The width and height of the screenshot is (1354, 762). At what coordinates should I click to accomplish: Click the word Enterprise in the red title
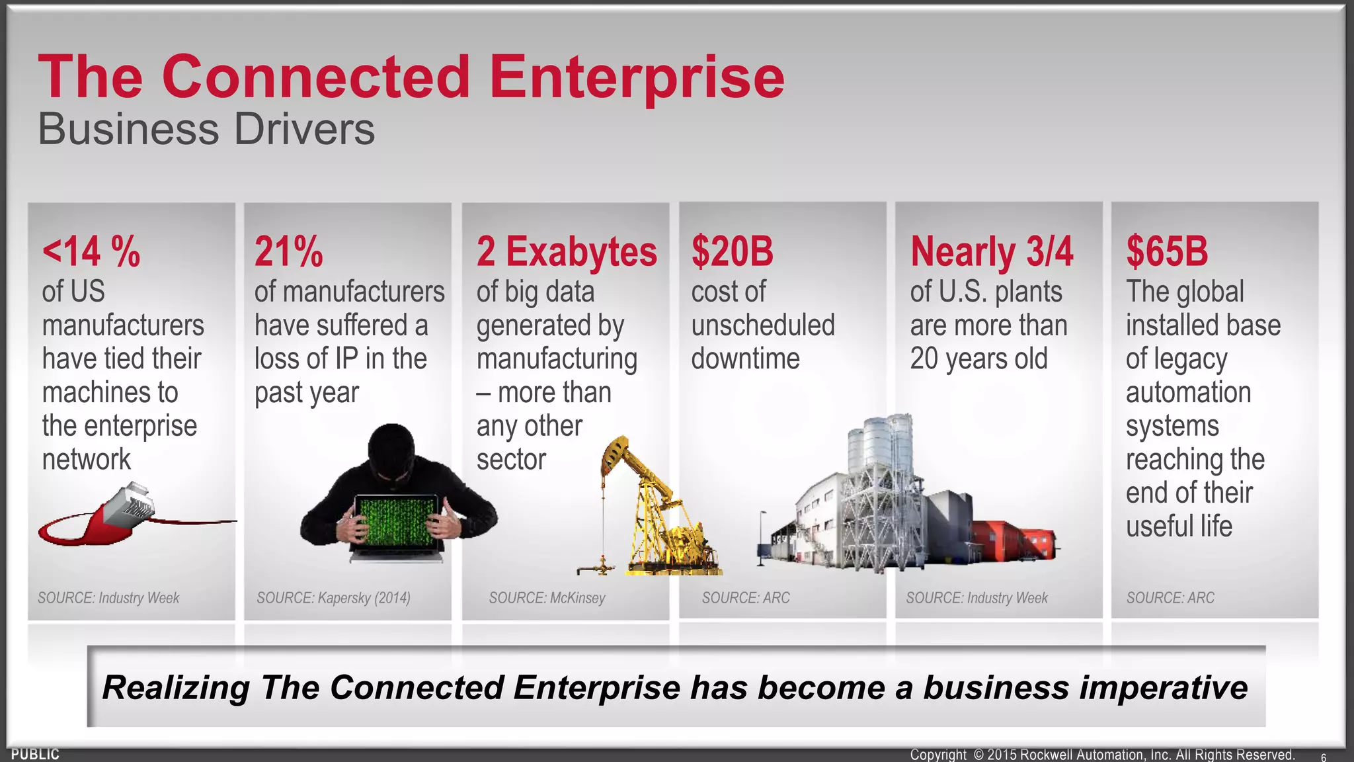[x=636, y=78]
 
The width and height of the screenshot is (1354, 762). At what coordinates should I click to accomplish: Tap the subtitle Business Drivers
[x=206, y=129]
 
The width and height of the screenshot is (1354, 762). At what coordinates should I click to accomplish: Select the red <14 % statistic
[x=91, y=251]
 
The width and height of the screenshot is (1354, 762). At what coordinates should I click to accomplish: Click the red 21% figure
[x=288, y=251]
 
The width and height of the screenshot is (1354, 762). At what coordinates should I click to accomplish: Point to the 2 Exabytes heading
[x=567, y=251]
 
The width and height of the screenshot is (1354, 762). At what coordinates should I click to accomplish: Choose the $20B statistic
[x=732, y=251]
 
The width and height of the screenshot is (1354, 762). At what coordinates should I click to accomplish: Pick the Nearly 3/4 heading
[x=991, y=251]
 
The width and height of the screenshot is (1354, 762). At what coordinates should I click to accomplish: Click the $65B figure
[x=1167, y=251]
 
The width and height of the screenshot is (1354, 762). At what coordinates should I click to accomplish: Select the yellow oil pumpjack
[x=651, y=509]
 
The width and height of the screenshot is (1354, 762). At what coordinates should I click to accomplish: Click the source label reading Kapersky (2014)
[x=333, y=598]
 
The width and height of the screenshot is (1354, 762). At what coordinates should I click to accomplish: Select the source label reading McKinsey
[x=547, y=598]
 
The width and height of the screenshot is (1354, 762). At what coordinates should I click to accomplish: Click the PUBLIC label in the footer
[x=35, y=754]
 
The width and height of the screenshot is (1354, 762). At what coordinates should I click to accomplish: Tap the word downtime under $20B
[x=745, y=359]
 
